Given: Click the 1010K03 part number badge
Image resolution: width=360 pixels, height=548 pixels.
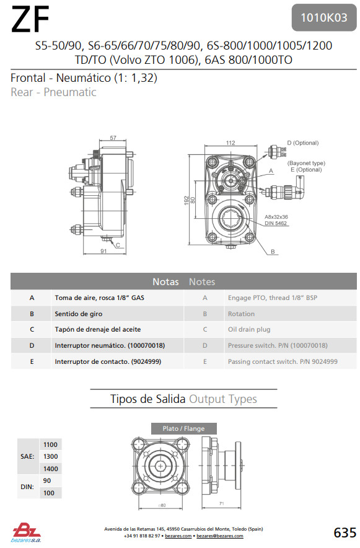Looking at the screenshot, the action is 324,17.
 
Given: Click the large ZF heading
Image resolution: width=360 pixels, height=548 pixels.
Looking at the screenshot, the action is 30,20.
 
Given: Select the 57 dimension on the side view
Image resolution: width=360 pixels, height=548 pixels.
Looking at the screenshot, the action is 113,138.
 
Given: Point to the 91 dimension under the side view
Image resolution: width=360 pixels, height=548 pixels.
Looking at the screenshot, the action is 103,251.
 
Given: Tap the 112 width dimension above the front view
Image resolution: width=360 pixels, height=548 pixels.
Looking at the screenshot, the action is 230,143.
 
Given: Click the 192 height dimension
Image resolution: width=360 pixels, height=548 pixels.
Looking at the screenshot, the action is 187,200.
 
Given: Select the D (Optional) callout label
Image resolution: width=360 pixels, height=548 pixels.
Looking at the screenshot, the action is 303,143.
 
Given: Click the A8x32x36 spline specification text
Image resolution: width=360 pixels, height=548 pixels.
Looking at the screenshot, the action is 276,217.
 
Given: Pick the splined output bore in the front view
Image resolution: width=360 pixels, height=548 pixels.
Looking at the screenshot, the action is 230,219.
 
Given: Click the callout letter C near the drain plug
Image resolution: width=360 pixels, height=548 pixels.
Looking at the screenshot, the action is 118,245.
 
